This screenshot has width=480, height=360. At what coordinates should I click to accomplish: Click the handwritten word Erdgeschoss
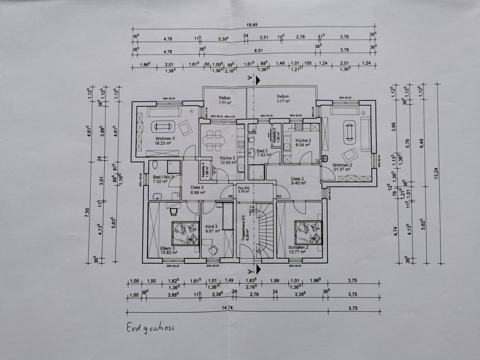(150, 328)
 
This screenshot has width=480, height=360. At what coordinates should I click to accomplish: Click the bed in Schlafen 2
(307, 231)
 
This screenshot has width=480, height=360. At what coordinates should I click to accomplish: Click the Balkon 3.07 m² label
(283, 99)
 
